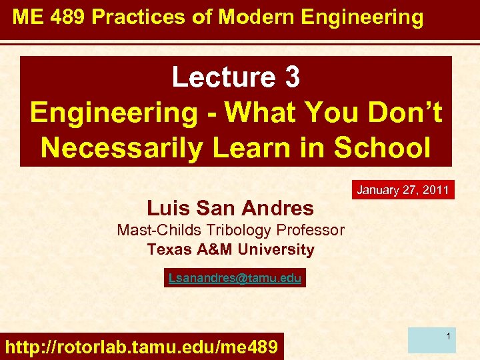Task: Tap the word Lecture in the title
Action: click(217, 78)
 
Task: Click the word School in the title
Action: click(383, 147)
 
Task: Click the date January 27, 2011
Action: click(403, 190)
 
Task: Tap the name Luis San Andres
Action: click(230, 208)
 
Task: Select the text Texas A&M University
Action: click(230, 250)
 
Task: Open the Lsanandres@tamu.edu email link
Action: click(235, 278)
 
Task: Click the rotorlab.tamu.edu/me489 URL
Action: click(141, 347)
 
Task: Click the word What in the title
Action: click(257, 113)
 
